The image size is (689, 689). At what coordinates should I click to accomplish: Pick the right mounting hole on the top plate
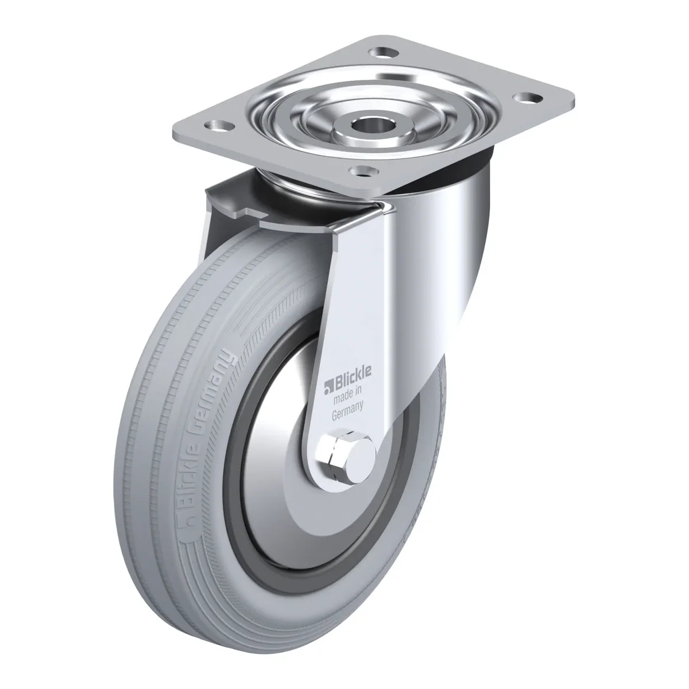pyautogui.click(x=527, y=98)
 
